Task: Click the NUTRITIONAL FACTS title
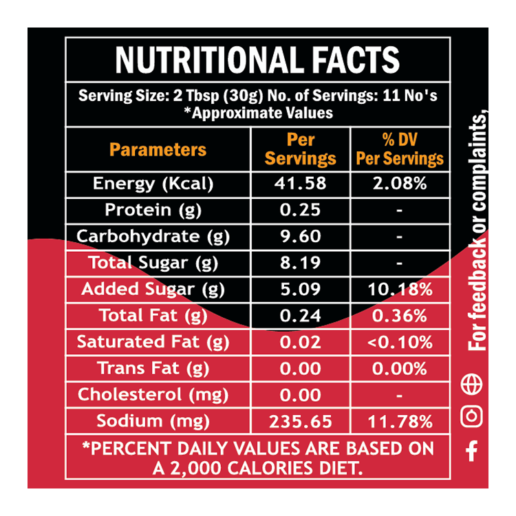[257, 59]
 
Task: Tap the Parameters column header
[158, 149]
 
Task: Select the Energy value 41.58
[301, 184]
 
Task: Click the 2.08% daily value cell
[399, 184]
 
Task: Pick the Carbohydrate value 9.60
[301, 236]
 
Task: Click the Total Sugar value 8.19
[301, 262]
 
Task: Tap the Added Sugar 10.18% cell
[399, 289]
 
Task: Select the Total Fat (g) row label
[153, 315]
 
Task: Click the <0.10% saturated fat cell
[399, 341]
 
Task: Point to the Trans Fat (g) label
[153, 368]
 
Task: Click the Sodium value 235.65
[301, 421]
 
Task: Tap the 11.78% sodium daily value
[399, 421]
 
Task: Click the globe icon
[472, 385]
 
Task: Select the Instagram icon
[472, 416]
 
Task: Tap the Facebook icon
[472, 451]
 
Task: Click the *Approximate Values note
[258, 113]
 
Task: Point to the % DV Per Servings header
[399, 149]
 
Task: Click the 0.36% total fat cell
[399, 315]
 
